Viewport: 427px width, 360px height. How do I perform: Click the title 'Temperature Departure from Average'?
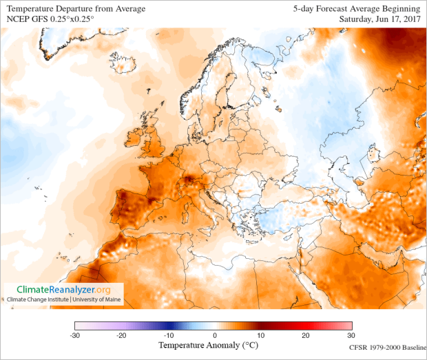(x=76, y=8)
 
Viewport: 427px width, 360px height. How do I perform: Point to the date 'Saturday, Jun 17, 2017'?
(x=379, y=19)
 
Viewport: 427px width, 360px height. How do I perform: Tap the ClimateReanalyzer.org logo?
(x=63, y=290)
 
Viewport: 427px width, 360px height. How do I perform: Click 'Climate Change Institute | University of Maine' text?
(x=63, y=300)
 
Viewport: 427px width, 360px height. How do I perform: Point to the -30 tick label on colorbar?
(x=75, y=335)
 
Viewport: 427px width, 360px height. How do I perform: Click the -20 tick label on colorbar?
(x=121, y=335)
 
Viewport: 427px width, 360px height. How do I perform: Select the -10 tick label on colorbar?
(x=167, y=335)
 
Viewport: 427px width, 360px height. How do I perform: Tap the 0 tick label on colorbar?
(x=214, y=335)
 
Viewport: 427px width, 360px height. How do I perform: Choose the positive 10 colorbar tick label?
(x=259, y=335)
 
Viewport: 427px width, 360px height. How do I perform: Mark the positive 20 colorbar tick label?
(x=305, y=335)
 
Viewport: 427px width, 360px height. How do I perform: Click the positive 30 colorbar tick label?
(x=351, y=335)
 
